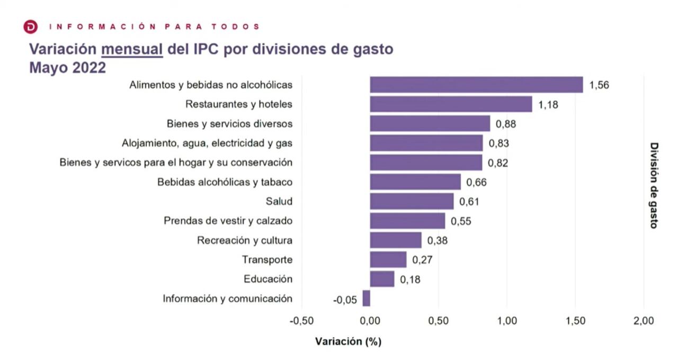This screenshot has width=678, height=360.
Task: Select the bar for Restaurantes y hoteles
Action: click(450, 104)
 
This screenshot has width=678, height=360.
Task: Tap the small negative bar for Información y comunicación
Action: click(366, 299)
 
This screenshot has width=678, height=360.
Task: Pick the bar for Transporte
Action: click(388, 260)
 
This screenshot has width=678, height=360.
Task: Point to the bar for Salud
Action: click(412, 202)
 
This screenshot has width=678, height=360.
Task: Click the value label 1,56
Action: click(599, 85)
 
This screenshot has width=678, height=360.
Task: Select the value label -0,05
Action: click(345, 300)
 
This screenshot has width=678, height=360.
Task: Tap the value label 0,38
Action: click(437, 241)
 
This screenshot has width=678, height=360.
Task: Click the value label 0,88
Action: click(505, 124)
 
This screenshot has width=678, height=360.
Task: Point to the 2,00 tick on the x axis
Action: click(644, 321)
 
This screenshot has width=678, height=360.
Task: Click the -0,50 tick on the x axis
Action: click(301, 321)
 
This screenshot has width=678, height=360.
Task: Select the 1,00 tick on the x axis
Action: click(507, 321)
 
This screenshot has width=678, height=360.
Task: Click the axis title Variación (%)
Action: click(348, 341)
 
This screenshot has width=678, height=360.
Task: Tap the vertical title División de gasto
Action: click(654, 185)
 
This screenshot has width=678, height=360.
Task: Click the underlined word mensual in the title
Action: click(132, 50)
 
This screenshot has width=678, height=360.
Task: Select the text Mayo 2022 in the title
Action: click(67, 68)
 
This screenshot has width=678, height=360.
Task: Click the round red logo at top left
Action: click(31, 26)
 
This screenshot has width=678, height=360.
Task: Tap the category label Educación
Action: click(268, 279)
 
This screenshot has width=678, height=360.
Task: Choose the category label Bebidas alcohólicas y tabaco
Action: click(225, 182)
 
